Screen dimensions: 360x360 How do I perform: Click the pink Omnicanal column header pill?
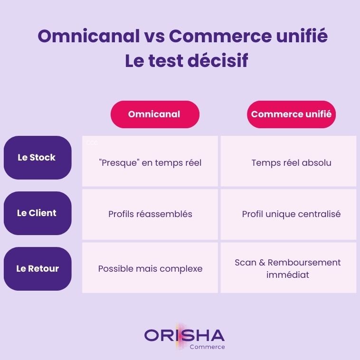coord(154,114)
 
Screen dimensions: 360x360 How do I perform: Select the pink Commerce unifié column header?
coord(291,114)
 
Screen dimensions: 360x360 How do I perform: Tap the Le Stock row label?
coord(37,158)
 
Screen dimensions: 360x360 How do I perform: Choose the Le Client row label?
coord(37,213)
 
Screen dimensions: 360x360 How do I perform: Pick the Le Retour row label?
coord(37,269)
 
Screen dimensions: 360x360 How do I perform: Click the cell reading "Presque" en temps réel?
coord(150,163)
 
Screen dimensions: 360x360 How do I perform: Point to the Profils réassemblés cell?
coord(150,214)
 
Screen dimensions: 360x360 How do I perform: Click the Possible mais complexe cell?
coord(150,269)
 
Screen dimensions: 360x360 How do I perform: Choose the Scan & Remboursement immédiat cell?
coord(288,268)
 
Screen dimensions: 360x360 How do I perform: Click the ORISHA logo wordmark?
coord(184,335)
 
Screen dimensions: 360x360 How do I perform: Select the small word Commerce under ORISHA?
coord(207,347)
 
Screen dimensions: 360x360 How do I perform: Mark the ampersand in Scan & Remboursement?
coord(261,263)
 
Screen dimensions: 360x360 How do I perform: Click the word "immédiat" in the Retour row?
coord(288,275)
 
